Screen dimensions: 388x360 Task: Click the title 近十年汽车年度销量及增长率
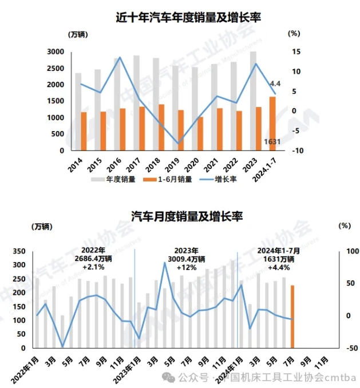pyautogui.click(x=180, y=18)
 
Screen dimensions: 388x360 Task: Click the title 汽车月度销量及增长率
pyautogui.click(x=180, y=216)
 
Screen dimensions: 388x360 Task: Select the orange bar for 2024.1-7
pyautogui.click(x=272, y=124)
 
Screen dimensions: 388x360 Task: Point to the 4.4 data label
pyautogui.click(x=275, y=83)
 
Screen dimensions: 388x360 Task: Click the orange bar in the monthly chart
pyautogui.click(x=292, y=316)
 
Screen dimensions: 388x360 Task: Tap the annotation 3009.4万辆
pyautogui.click(x=187, y=259)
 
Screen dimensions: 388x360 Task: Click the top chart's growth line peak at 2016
pyautogui.click(x=119, y=57)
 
